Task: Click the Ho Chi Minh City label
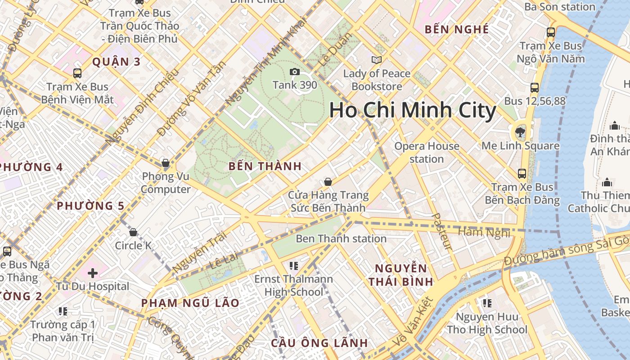tap(413, 110)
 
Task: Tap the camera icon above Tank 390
tap(295, 72)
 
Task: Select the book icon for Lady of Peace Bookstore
tap(376, 60)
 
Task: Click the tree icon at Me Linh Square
tap(520, 132)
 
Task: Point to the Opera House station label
tap(427, 153)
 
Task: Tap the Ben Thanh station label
tap(341, 238)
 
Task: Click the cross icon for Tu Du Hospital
tap(93, 273)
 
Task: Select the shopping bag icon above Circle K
tap(133, 233)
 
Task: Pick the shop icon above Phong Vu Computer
tap(166, 163)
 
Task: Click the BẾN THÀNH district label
tap(265, 166)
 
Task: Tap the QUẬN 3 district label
tap(117, 62)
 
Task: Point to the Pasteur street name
tap(441, 231)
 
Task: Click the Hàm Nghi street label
tap(484, 232)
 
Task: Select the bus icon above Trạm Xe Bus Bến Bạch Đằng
tap(522, 173)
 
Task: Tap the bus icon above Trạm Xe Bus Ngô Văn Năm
tap(551, 32)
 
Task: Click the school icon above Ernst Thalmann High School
tap(294, 265)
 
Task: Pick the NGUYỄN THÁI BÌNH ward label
tap(401, 275)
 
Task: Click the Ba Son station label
tap(560, 6)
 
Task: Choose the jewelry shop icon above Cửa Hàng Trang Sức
tap(328, 182)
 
